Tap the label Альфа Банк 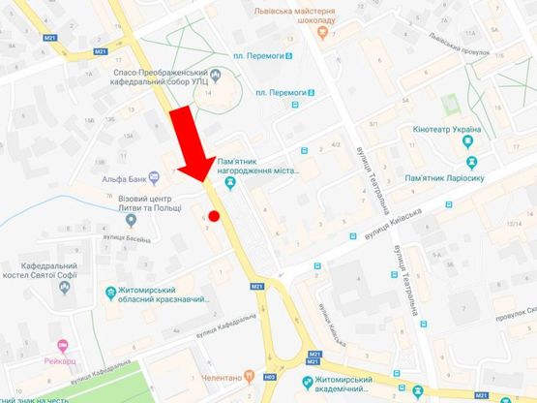pyautogui.click(x=124, y=178)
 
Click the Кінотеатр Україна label pyautogui.click(x=459, y=129)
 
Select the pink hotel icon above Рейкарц pyautogui.click(x=63, y=345)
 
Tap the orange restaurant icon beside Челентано pyautogui.click(x=248, y=376)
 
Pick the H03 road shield pyautogui.click(x=270, y=375)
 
